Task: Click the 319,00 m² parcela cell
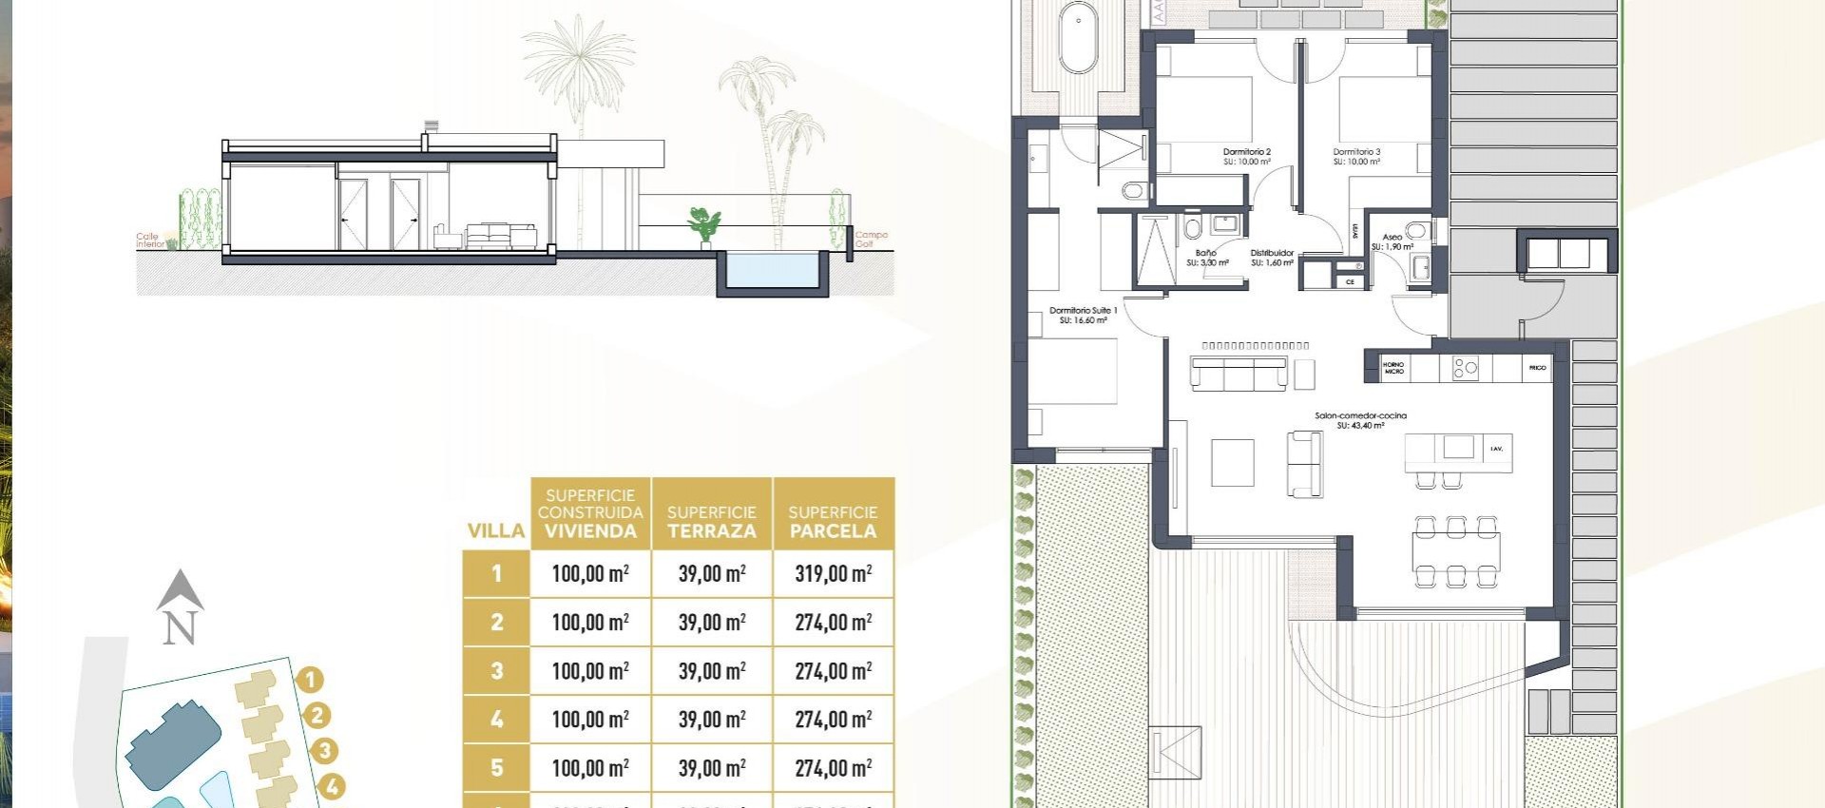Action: coord(834,573)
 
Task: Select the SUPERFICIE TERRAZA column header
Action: coord(712,522)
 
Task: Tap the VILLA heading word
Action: coord(496,530)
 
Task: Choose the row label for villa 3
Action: coord(496,671)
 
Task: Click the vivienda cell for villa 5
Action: coord(590,768)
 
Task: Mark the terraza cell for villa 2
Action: coord(712,623)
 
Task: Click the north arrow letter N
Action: coord(180,628)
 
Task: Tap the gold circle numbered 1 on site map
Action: coord(310,680)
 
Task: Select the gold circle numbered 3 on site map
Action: coord(325,751)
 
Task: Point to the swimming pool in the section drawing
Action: coord(771,270)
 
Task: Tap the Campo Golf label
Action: coord(871,240)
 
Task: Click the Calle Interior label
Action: coord(150,240)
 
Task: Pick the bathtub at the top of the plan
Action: coord(1079,38)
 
